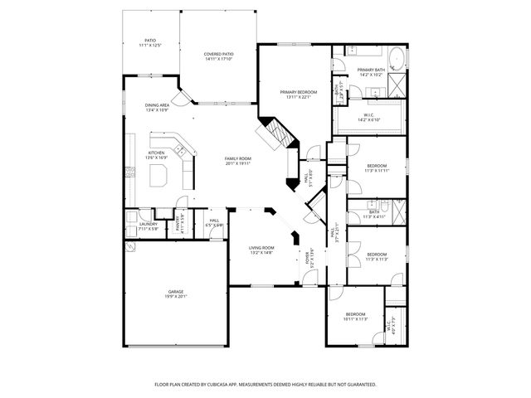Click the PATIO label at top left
[x=150, y=40]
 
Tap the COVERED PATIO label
[x=219, y=54]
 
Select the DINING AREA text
[x=158, y=105]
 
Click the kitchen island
[x=160, y=175]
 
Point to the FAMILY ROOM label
[x=238, y=158]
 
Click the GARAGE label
[x=176, y=291]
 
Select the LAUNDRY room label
[x=149, y=223]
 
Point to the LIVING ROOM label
[x=261, y=247]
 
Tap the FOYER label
[x=306, y=257]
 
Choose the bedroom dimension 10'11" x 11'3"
[x=356, y=319]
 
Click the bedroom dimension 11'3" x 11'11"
[x=378, y=172]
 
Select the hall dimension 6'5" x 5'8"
[x=214, y=225]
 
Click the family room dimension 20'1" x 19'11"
[x=238, y=163]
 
